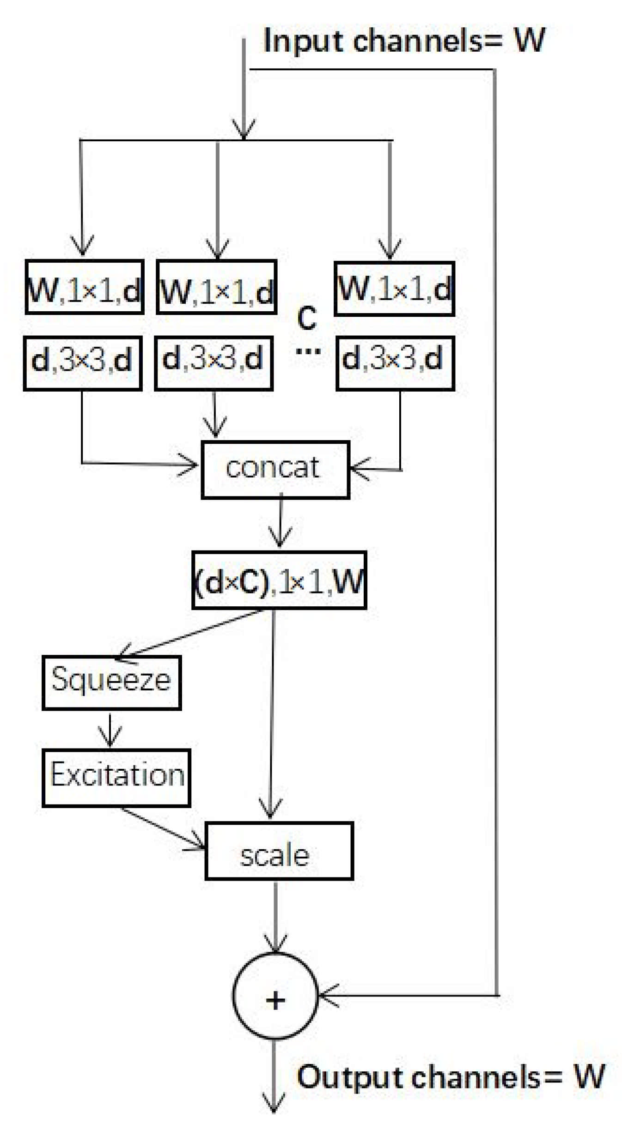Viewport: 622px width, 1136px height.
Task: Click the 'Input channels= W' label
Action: click(x=404, y=41)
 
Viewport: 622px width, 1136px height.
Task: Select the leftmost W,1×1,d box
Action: click(x=85, y=287)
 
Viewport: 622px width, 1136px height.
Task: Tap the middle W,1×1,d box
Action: click(x=217, y=287)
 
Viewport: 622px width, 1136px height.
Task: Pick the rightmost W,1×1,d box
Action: click(x=395, y=289)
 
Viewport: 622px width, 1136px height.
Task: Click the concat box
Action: click(x=275, y=470)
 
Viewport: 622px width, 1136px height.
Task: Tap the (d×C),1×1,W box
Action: click(x=279, y=580)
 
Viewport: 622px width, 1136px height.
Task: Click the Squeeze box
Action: click(x=111, y=683)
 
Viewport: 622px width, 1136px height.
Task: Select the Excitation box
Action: click(x=116, y=778)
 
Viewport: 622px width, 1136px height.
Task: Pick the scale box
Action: click(x=279, y=851)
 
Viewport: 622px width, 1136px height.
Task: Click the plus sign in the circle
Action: click(x=275, y=1000)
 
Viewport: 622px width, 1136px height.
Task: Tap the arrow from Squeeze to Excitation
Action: click(x=110, y=730)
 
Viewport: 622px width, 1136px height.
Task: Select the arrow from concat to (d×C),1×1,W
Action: click(x=281, y=522)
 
